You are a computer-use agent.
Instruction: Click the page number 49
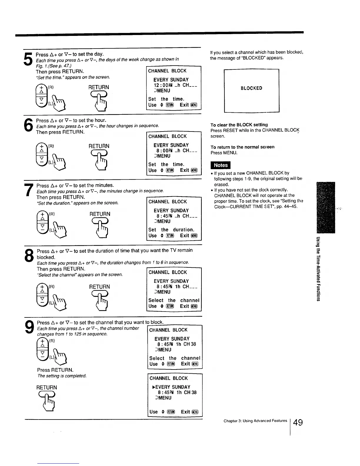[298, 422]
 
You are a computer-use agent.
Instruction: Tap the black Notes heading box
[221, 165]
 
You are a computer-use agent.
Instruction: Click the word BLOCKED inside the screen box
[251, 88]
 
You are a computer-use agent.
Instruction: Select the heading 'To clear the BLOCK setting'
[239, 125]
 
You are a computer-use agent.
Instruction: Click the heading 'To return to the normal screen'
[242, 147]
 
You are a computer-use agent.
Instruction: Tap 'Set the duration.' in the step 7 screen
[171, 230]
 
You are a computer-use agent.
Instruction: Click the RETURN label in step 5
[99, 87]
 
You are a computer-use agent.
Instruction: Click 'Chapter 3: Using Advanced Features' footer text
[255, 421]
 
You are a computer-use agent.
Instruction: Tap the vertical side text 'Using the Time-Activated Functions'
[318, 269]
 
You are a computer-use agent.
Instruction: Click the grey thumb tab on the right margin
[326, 208]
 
